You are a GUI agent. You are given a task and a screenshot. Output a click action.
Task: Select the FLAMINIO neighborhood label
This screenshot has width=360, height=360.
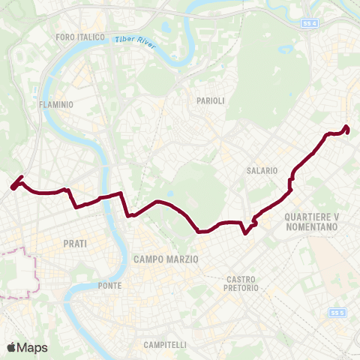point(55,106)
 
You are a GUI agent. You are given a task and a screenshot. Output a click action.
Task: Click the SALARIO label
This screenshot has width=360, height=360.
point(262,171)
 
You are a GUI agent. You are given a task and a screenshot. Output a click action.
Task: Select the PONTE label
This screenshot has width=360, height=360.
point(109,286)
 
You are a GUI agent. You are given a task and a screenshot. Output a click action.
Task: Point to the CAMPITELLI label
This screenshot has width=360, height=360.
point(164,345)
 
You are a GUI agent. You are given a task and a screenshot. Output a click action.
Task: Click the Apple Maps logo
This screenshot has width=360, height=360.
point(27,347)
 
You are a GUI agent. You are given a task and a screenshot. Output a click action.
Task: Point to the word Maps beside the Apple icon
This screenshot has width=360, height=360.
point(33,347)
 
